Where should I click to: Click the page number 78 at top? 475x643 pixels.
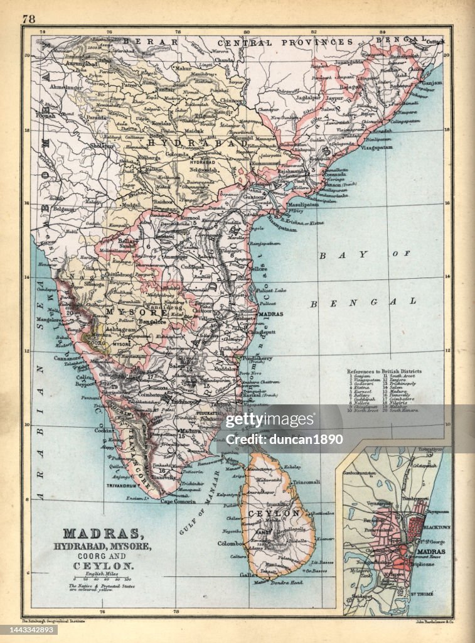[x=29, y=19]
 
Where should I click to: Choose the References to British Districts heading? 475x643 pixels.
[x=384, y=371]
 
